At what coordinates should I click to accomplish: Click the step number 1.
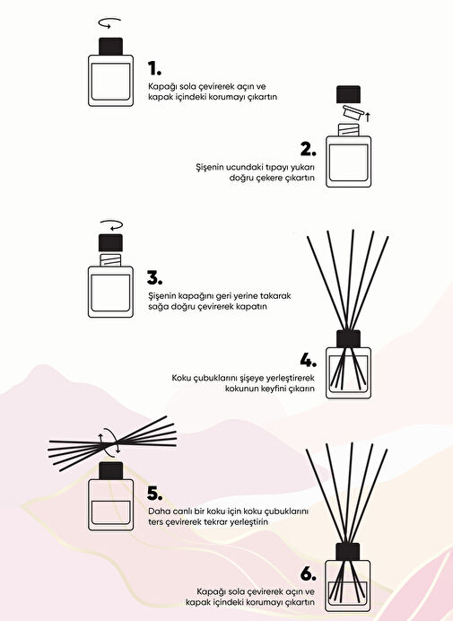click(x=154, y=68)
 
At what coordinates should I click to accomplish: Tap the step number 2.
click(x=308, y=149)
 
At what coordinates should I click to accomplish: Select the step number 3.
click(x=154, y=278)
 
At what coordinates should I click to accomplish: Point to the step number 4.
click(x=308, y=361)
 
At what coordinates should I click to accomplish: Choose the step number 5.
click(x=154, y=494)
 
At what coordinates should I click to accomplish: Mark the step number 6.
click(x=308, y=574)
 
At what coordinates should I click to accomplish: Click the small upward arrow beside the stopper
click(x=368, y=117)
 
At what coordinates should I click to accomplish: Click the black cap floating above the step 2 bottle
click(x=348, y=94)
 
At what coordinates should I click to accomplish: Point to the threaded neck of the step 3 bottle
click(x=110, y=260)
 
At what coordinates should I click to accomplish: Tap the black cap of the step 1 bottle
click(x=110, y=47)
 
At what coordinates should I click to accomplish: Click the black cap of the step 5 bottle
click(x=110, y=471)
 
